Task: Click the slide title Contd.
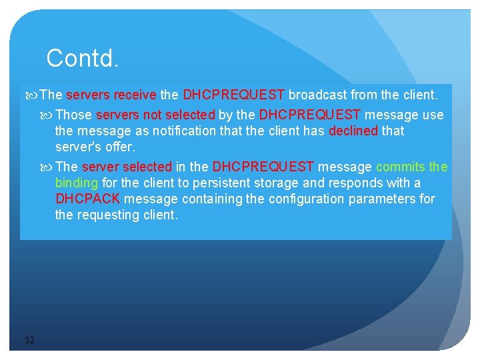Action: tap(83, 59)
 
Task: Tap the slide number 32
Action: tap(29, 341)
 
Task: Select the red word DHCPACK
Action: tap(88, 199)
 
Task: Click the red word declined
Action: tap(353, 131)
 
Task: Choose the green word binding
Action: tap(76, 183)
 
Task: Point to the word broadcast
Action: tap(317, 95)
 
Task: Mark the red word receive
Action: tap(135, 95)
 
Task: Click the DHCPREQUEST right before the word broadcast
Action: tap(233, 95)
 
